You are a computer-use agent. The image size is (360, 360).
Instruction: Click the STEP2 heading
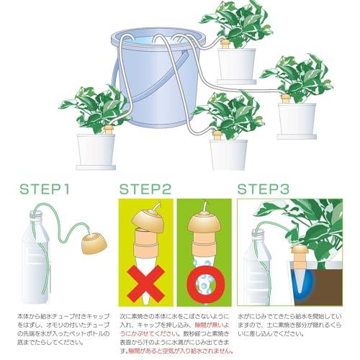(x=145, y=190)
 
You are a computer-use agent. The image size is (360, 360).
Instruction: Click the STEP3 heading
(x=264, y=190)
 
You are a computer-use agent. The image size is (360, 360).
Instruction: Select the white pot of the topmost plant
(x=237, y=64)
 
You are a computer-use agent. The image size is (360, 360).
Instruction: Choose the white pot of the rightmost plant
(x=297, y=120)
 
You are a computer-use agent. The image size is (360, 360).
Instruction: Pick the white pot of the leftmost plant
(x=96, y=150)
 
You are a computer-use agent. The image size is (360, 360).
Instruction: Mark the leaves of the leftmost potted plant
(x=94, y=107)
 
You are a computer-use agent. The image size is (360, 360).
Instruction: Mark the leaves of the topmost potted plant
(x=238, y=22)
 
